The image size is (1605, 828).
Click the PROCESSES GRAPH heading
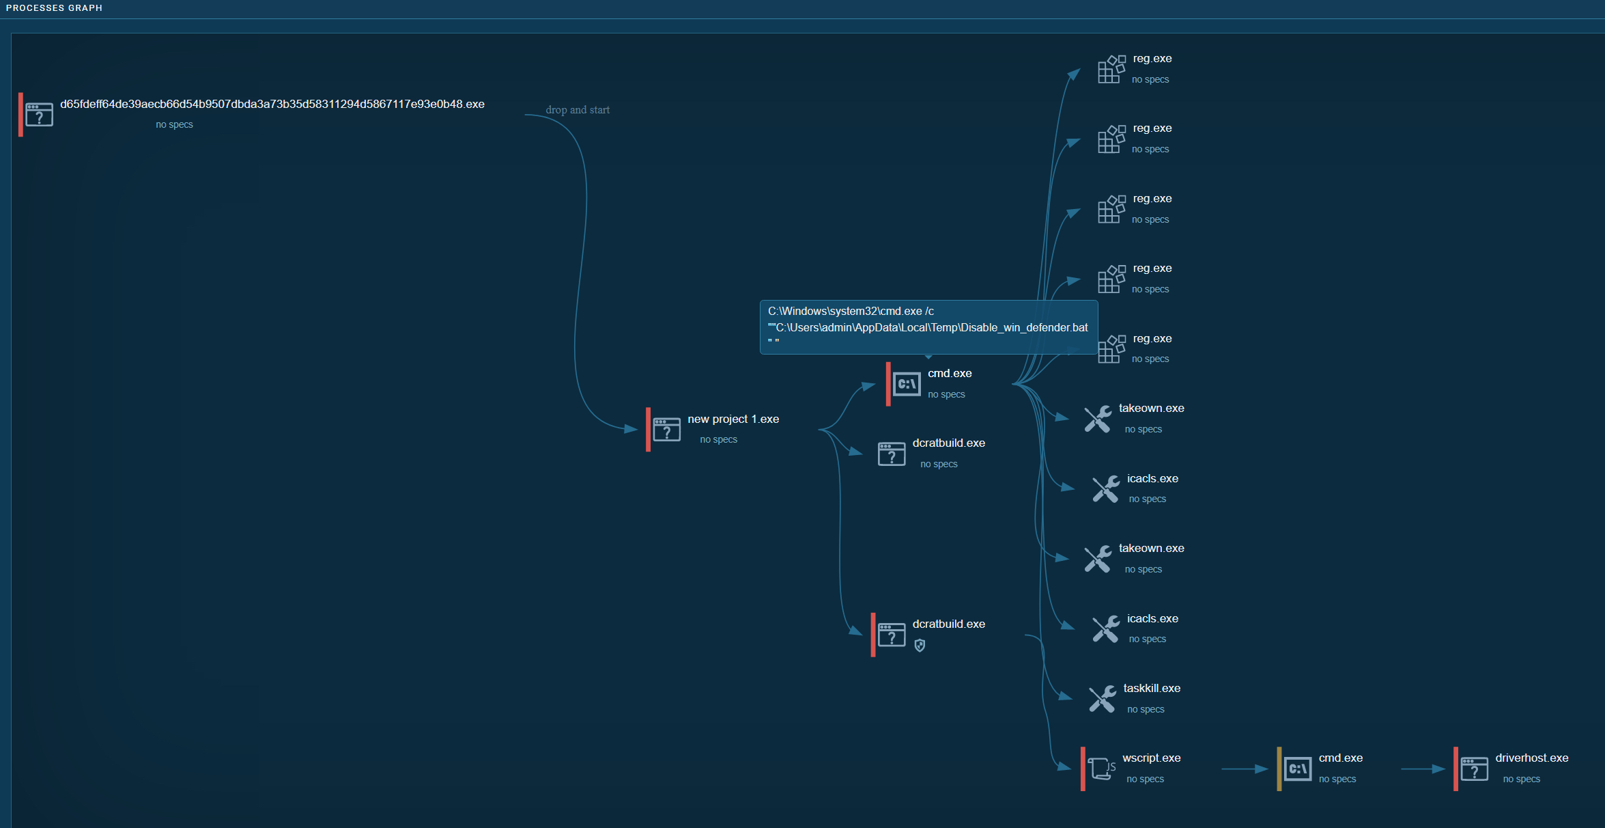pos(54,8)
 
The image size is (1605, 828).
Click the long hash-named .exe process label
pos(272,105)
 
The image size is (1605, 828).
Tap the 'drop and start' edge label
pos(577,110)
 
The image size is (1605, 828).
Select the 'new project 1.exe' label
pos(733,419)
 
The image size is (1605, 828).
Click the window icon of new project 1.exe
pos(666,430)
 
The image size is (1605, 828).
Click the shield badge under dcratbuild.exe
pos(920,646)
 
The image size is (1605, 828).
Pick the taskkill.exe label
pos(1151,689)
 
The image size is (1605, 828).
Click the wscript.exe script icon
pos(1100,769)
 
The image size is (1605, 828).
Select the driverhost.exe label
pos(1531,758)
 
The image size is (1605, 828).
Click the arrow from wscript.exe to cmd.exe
pos(1244,769)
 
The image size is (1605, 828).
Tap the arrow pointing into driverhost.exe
pos(1423,769)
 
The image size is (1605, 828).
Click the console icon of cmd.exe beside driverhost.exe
pos(1297,769)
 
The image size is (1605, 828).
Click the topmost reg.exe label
pos(1152,59)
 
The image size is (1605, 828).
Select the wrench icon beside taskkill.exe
pos(1102,699)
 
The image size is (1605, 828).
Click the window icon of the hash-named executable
pos(39,115)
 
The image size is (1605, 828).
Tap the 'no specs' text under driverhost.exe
pos(1521,779)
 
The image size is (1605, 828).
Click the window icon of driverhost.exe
pos(1474,769)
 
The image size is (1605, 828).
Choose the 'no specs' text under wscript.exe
pos(1145,779)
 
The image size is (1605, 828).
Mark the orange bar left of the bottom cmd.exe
pos(1279,769)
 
